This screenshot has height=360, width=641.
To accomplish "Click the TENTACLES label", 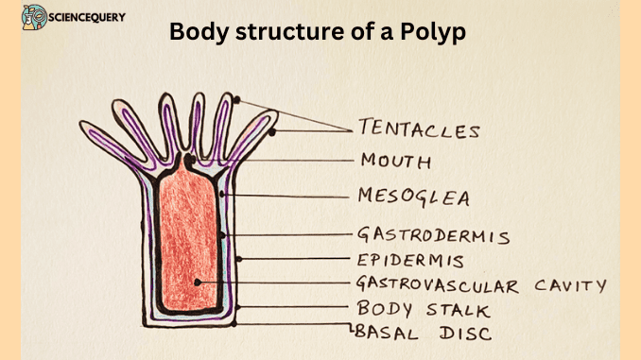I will [419, 129].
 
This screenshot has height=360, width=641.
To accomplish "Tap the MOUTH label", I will [394, 161].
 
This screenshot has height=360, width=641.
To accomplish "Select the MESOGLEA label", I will [413, 197].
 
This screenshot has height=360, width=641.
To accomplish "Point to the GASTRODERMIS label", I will [433, 234].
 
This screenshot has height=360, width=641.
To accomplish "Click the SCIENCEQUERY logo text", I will [91, 17].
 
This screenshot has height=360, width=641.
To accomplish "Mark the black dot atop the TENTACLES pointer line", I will [236, 99].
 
